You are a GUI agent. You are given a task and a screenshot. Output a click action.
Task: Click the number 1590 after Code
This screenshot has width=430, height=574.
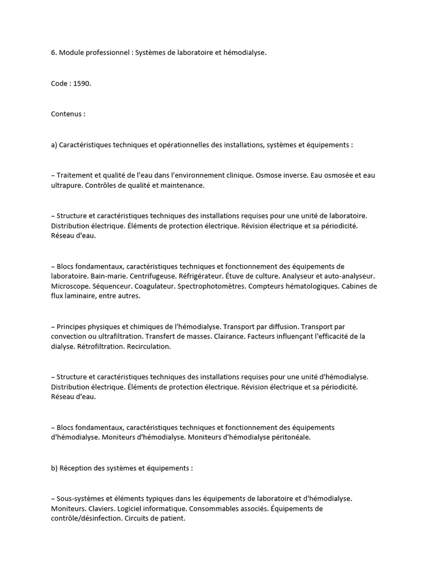coord(82,83)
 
